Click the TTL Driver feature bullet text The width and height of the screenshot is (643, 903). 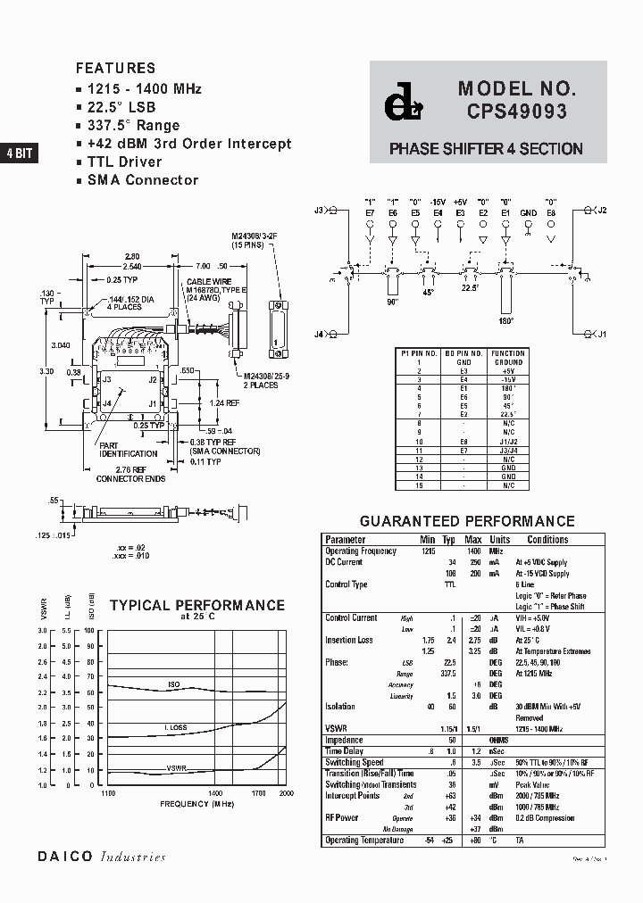pyautogui.click(x=124, y=162)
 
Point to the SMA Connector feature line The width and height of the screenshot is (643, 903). pyautogui.click(x=143, y=179)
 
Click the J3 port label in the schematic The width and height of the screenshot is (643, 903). pyautogui.click(x=319, y=211)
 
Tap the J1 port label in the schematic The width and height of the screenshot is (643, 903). pyautogui.click(x=601, y=334)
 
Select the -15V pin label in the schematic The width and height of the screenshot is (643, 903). pyautogui.click(x=437, y=202)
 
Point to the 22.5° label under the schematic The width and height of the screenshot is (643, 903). pyautogui.click(x=470, y=287)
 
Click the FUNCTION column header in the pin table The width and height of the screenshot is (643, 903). pyautogui.click(x=509, y=353)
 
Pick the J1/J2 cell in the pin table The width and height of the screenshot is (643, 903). pyautogui.click(x=509, y=441)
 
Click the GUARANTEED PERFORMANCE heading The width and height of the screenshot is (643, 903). pyautogui.click(x=467, y=521)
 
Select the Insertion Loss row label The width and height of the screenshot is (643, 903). pyautogui.click(x=349, y=640)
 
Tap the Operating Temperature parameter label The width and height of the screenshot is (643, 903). pyautogui.click(x=364, y=840)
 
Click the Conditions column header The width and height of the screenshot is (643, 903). pyautogui.click(x=547, y=540)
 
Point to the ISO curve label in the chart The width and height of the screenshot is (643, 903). pyautogui.click(x=174, y=684)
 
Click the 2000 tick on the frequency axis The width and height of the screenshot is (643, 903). pyautogui.click(x=286, y=792)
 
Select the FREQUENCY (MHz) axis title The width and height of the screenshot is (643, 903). pyautogui.click(x=196, y=804)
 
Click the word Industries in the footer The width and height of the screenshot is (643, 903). pyautogui.click(x=133, y=857)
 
